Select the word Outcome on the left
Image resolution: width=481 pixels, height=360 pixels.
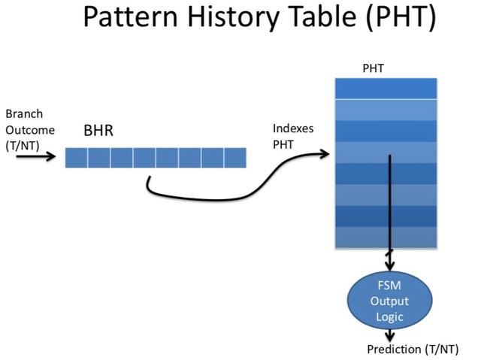click(x=29, y=129)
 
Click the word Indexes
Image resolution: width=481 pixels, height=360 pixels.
click(x=293, y=128)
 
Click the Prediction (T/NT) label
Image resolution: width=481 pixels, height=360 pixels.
click(x=412, y=349)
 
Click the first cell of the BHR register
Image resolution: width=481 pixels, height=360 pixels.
click(x=76, y=157)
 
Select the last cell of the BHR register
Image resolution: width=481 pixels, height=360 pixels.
click(x=235, y=157)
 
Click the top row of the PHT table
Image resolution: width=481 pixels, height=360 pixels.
click(x=386, y=88)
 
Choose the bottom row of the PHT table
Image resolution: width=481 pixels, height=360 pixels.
click(x=386, y=237)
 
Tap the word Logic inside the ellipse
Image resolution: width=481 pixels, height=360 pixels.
click(x=389, y=316)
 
